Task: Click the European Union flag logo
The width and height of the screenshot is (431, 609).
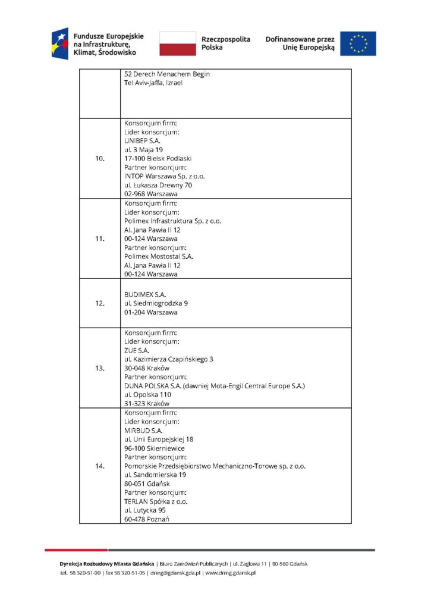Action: [x=358, y=43]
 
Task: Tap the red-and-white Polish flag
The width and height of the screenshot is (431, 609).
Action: [x=177, y=43]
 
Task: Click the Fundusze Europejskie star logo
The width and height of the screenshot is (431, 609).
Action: [x=60, y=43]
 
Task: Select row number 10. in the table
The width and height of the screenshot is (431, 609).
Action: [x=100, y=159]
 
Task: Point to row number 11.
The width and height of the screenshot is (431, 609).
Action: [x=100, y=238]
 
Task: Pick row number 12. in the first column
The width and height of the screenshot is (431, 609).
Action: [x=100, y=303]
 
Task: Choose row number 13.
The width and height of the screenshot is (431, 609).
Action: [x=100, y=368]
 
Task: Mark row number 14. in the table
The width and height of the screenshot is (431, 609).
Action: [x=100, y=466]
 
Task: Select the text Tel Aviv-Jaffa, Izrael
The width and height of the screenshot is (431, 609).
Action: [x=153, y=83]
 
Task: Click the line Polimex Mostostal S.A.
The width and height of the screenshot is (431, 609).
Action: [x=159, y=256]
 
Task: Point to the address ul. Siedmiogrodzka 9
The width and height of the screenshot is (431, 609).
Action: [x=156, y=303]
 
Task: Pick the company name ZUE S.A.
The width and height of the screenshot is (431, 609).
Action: [x=136, y=350]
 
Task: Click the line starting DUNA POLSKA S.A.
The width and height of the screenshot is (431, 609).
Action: [x=214, y=386]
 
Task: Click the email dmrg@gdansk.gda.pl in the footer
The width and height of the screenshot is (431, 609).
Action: [x=175, y=573]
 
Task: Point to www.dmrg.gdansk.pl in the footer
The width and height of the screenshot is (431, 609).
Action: [x=230, y=573]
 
